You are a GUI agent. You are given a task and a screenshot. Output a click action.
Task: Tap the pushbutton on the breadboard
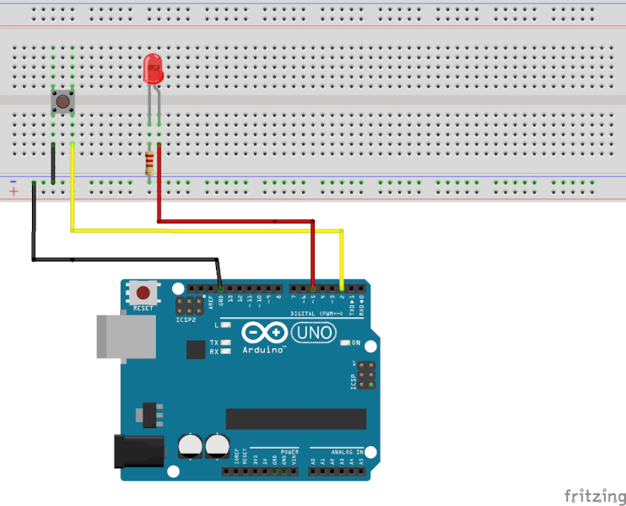(62, 102)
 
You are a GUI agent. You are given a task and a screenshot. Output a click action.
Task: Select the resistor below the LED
(150, 163)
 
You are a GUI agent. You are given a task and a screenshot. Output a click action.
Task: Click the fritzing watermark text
(595, 494)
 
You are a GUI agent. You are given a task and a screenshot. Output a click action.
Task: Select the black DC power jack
(137, 451)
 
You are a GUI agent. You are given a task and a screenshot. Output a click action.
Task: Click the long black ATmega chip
(295, 419)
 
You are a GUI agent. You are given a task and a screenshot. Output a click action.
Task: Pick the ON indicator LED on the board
(345, 343)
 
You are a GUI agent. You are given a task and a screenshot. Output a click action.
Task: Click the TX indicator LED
(224, 342)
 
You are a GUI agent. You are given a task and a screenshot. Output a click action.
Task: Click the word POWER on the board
(289, 452)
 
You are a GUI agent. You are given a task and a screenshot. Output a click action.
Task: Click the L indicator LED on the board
(224, 325)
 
